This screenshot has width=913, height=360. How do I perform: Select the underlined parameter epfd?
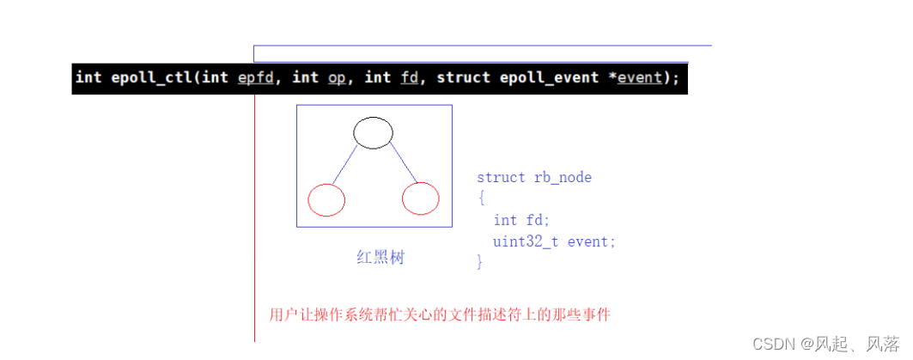pos(255,77)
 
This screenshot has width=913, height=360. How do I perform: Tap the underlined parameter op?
pos(336,77)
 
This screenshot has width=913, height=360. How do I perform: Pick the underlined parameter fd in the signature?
pos(409,77)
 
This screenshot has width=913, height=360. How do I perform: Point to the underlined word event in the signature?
pos(640,77)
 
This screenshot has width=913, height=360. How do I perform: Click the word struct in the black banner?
pos(463,77)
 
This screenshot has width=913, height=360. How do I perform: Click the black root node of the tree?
pos(373,132)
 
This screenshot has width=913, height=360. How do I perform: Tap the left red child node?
pos(326,199)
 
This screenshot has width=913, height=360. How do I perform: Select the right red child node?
pos(421,199)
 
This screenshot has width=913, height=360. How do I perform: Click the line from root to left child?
pos(345,166)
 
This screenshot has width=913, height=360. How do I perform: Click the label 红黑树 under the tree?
pos(380,257)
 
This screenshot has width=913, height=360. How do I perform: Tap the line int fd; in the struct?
pos(521,221)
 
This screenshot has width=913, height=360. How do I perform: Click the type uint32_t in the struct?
pos(526,241)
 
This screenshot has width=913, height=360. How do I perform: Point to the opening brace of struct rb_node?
pos(482,198)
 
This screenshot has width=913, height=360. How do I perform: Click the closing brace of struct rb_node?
pos(480,261)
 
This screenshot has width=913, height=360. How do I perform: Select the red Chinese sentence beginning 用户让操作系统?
pos(439,314)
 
